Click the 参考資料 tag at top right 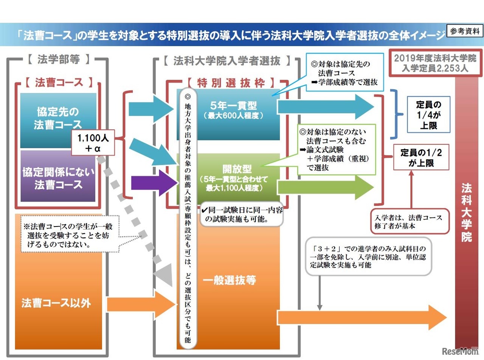465,31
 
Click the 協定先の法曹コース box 58,119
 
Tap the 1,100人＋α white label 93,144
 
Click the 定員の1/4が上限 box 428,115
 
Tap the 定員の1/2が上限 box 421,158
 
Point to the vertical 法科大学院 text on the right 466,212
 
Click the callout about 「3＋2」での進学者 368,256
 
